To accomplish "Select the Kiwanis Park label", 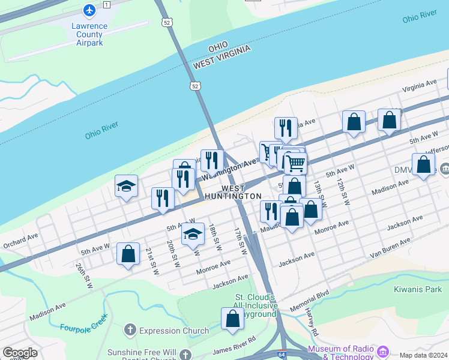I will (x=418, y=290).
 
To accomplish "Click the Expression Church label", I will (x=174, y=331).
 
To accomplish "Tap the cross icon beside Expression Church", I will (x=130, y=330).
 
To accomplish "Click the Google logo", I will (x=20, y=353).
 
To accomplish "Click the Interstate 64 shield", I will (x=282, y=355).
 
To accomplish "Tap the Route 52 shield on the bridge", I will (x=196, y=86).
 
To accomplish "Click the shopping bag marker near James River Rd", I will (x=232, y=320).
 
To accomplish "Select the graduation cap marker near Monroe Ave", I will (x=193, y=235).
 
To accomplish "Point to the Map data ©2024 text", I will (x=423, y=355).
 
